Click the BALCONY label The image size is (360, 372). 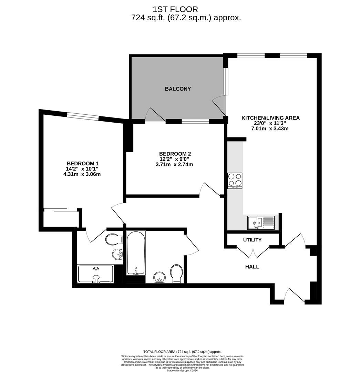[x=178, y=89]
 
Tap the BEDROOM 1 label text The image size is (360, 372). [x=83, y=164]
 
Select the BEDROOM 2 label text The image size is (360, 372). [x=175, y=154]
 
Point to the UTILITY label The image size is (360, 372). [x=252, y=240]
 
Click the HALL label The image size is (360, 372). [x=252, y=267]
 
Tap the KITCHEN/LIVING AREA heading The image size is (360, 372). [x=270, y=118]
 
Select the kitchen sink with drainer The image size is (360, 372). [x=261, y=223]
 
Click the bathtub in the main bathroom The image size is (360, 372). [x=136, y=253]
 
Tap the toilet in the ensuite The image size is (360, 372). [x=114, y=239]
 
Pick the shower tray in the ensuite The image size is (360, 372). [x=95, y=274]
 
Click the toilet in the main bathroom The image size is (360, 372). [x=177, y=273]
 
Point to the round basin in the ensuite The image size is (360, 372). [x=117, y=254]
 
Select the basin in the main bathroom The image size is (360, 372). [x=160, y=277]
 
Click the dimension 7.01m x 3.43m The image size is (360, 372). [x=270, y=128]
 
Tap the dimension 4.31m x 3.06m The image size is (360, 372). [x=82, y=174]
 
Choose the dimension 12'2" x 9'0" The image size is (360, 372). [x=174, y=159]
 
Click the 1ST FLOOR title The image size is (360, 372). [x=175, y=9]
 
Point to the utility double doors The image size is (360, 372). [x=253, y=252]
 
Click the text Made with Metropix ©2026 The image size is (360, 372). [x=182, y=370]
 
